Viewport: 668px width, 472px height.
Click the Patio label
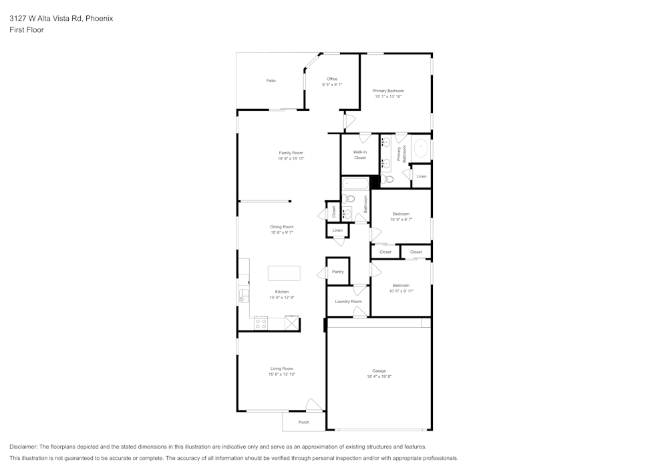(x=271, y=81)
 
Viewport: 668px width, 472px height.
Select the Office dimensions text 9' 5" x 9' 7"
(x=332, y=85)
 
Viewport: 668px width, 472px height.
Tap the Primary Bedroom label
(x=388, y=91)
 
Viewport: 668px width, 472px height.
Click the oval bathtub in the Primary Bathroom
(x=421, y=148)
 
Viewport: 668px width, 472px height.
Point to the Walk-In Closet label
(x=360, y=155)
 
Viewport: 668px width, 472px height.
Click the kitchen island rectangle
(x=284, y=273)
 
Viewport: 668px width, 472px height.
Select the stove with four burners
(x=261, y=324)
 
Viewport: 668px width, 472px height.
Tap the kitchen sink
(x=244, y=292)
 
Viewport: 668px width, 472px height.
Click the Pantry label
(x=338, y=272)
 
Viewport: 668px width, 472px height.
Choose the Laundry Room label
(x=348, y=301)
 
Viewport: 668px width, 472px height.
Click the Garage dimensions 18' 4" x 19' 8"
(x=379, y=377)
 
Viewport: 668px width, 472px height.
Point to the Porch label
(x=304, y=422)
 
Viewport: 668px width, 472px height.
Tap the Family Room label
(x=291, y=153)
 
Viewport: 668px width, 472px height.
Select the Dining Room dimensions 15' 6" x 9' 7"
(x=282, y=232)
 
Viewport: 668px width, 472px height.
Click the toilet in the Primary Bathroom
(x=388, y=179)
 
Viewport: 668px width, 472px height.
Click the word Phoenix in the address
(x=100, y=19)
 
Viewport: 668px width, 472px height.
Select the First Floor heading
(x=27, y=30)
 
